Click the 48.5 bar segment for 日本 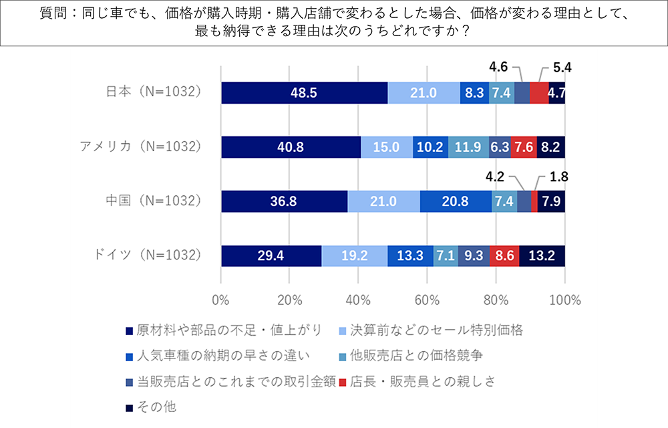304,93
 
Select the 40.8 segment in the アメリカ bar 291,147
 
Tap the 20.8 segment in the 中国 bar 456,201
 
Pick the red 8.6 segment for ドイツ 504,255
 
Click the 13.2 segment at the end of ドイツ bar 542,255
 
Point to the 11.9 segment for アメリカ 468,147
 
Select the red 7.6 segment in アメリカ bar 521,147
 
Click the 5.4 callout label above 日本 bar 563,68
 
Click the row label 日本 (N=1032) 154,92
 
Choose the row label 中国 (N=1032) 154,201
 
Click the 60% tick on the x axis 427,299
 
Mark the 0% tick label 221,299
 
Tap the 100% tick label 564,299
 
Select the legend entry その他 156,407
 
